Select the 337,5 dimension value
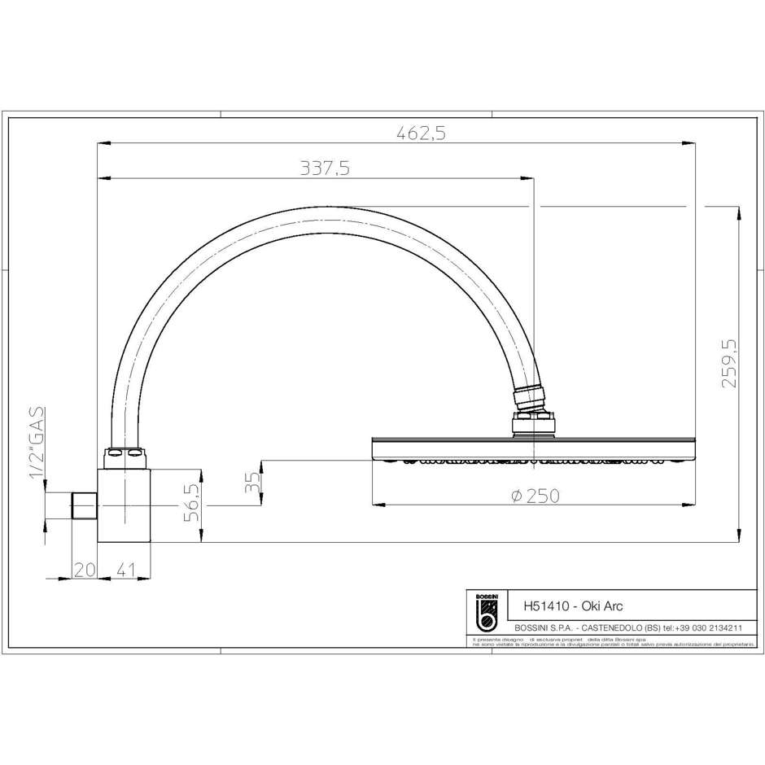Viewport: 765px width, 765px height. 325,168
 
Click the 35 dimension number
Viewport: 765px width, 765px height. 253,483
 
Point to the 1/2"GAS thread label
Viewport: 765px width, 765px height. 37,444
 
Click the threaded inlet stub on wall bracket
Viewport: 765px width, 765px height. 84,505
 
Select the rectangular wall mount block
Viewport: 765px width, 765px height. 124,505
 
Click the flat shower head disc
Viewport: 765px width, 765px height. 533,448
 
